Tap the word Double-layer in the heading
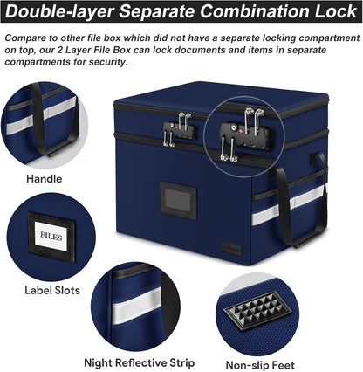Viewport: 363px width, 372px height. point(59,11)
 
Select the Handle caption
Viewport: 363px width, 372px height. point(45,178)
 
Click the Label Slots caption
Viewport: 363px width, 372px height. point(52,290)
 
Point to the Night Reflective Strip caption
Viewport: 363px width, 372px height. point(140,362)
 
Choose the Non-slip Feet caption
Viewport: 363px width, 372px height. point(260,365)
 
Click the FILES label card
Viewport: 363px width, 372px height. point(51,236)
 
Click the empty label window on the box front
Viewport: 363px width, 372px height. point(178,200)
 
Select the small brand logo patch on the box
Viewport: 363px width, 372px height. point(231,249)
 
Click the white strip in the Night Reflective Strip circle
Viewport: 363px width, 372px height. point(136,307)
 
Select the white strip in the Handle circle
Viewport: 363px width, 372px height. point(41,116)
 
